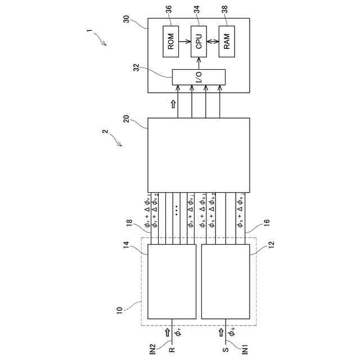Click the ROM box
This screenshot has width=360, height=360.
coord(171,42)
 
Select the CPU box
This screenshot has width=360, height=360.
coord(198,42)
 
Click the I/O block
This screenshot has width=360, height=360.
coord(198,77)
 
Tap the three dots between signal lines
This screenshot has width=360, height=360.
coord(177,211)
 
